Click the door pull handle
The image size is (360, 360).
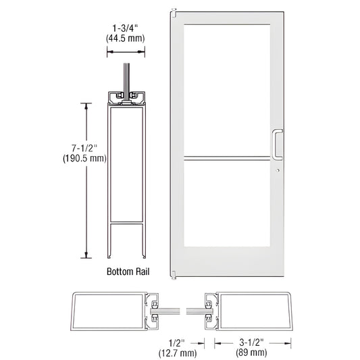pos(276,143)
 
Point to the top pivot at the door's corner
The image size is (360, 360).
pos(174,11)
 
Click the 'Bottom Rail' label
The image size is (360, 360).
pos(128,272)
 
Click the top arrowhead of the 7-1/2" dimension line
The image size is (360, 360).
pos(86,106)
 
